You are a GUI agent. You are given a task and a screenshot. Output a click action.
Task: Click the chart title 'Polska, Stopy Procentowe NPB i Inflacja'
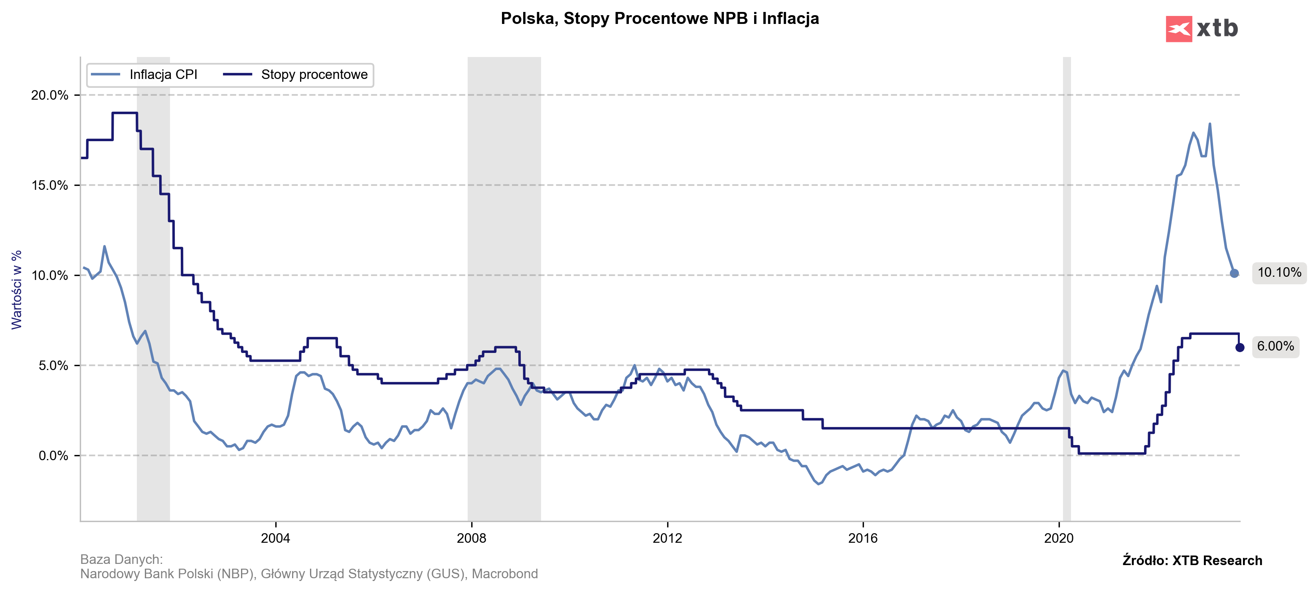[x=660, y=18]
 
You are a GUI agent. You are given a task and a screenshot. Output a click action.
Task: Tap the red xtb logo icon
[x=1178, y=29]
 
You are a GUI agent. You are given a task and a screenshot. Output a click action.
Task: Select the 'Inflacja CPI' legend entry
[x=163, y=75]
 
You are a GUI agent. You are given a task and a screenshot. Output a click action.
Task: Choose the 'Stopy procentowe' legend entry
[x=314, y=75]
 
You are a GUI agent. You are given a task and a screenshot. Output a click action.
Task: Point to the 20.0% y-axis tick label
[x=49, y=95]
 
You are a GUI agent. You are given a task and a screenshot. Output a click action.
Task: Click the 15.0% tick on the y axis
[x=49, y=185]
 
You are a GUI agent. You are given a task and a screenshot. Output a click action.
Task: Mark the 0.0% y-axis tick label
[x=53, y=456]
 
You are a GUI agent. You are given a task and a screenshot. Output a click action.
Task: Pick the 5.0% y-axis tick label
[x=53, y=366]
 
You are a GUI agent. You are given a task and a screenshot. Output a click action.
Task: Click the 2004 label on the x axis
[x=275, y=538]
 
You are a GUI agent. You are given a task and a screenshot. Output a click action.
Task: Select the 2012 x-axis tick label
[x=667, y=538]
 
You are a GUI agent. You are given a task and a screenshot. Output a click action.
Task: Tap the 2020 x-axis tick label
[x=1059, y=538]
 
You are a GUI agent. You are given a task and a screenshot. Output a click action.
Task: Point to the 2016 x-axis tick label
[x=863, y=538]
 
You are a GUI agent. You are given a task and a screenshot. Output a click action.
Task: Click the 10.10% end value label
[x=1279, y=273]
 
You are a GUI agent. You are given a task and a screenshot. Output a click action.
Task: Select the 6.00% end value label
[x=1275, y=347]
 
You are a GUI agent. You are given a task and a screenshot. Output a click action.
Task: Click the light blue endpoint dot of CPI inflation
[x=1234, y=273]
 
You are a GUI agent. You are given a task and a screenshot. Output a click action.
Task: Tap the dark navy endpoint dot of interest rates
[x=1239, y=348]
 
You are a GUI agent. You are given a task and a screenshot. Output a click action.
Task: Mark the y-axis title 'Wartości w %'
[x=17, y=290]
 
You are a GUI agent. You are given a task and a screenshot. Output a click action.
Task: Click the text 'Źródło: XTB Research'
[x=1192, y=560]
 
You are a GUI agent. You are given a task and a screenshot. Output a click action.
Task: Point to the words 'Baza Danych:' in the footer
[x=121, y=560]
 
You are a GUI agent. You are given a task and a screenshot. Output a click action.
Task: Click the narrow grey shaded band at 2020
[x=1067, y=286]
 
